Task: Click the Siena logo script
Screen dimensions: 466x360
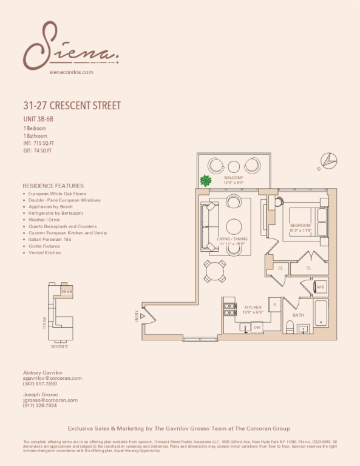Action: (x=70, y=46)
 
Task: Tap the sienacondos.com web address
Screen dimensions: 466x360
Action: (x=70, y=72)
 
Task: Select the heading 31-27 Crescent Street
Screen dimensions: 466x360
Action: (x=72, y=106)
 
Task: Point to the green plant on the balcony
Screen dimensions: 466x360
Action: (x=206, y=181)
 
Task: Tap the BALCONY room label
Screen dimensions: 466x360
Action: (x=234, y=178)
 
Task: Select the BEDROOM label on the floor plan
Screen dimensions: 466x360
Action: (x=300, y=226)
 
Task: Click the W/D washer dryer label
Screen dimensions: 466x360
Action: (x=320, y=287)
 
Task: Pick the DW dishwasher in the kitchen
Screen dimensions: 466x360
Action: (x=257, y=327)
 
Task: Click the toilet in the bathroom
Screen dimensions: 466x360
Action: (x=290, y=328)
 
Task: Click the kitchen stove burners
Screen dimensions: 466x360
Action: (x=229, y=309)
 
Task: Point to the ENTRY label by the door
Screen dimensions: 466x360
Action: (x=137, y=316)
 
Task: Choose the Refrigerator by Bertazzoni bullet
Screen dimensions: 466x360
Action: (x=55, y=214)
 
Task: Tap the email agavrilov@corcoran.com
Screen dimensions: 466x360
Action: (x=52, y=378)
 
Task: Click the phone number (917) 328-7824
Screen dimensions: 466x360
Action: (x=40, y=405)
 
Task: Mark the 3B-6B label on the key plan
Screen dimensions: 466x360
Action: (x=66, y=291)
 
